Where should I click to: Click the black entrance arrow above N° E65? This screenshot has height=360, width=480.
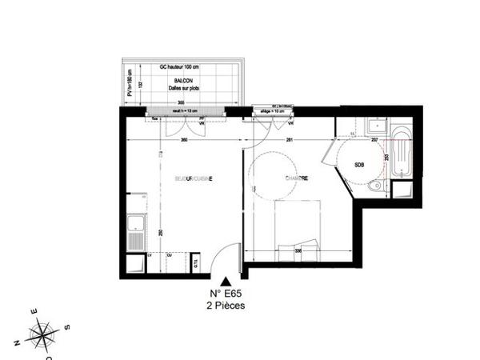(226, 282)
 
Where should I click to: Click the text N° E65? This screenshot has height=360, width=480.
(226, 293)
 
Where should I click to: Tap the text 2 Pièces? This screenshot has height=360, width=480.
(226, 305)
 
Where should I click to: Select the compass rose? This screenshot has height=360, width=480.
(42, 331)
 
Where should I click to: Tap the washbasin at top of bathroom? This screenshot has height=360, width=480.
(373, 126)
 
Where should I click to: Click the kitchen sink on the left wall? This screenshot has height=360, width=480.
(136, 234)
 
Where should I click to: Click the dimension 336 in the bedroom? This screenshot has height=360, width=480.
(298, 250)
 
